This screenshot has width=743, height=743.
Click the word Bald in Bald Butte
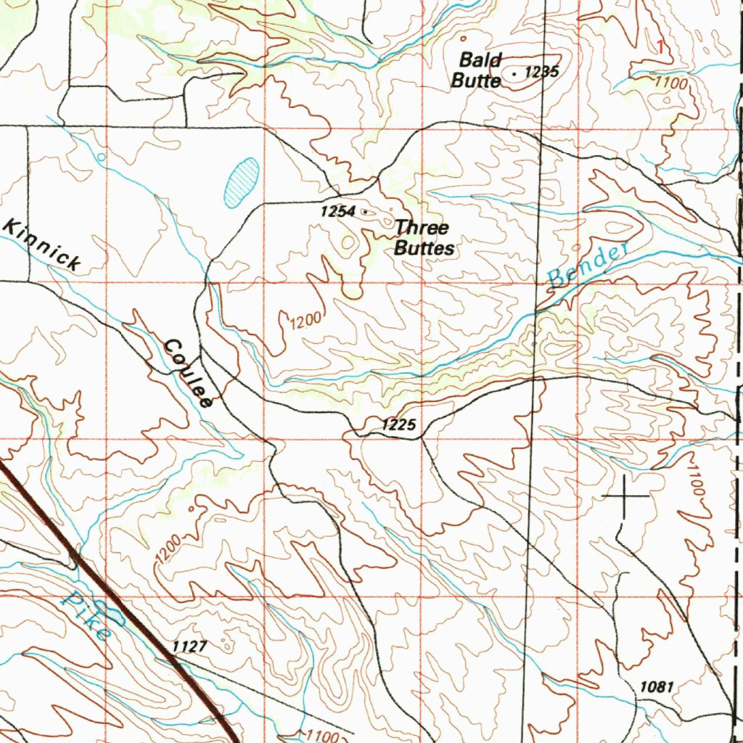tap(480, 59)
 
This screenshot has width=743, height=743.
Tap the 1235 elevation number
tap(541, 72)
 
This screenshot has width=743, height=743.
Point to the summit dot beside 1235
tap(514, 73)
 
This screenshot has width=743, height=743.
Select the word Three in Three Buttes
tap(422, 228)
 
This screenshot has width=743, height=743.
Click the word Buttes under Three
tap(424, 248)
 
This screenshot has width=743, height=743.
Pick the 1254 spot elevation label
tap(338, 211)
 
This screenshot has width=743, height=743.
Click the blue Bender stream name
tap(588, 265)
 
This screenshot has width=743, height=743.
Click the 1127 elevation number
tap(190, 646)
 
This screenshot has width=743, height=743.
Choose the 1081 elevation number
tap(657, 686)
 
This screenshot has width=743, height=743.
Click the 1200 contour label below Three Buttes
tap(298, 320)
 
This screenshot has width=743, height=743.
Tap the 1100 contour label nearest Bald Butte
tap(669, 83)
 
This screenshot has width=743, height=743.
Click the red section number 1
tap(660, 47)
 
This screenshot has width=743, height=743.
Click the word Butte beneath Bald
tap(476, 80)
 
